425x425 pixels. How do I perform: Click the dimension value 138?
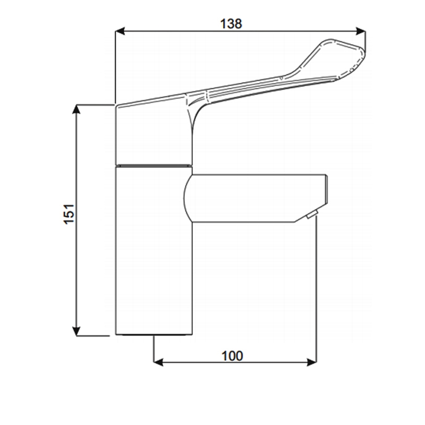pyautogui.click(x=231, y=23)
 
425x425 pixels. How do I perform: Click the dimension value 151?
pyautogui.click(x=70, y=214)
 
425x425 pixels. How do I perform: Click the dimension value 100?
pyautogui.click(x=232, y=355)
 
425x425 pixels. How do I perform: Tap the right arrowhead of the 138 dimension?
pyautogui.click(x=361, y=31)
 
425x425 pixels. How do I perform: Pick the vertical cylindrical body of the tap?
pyautogui.click(x=153, y=250)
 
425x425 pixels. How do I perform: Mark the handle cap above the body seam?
pyautogui.click(x=151, y=133)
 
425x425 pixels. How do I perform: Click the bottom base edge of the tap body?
pyautogui.click(x=153, y=335)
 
